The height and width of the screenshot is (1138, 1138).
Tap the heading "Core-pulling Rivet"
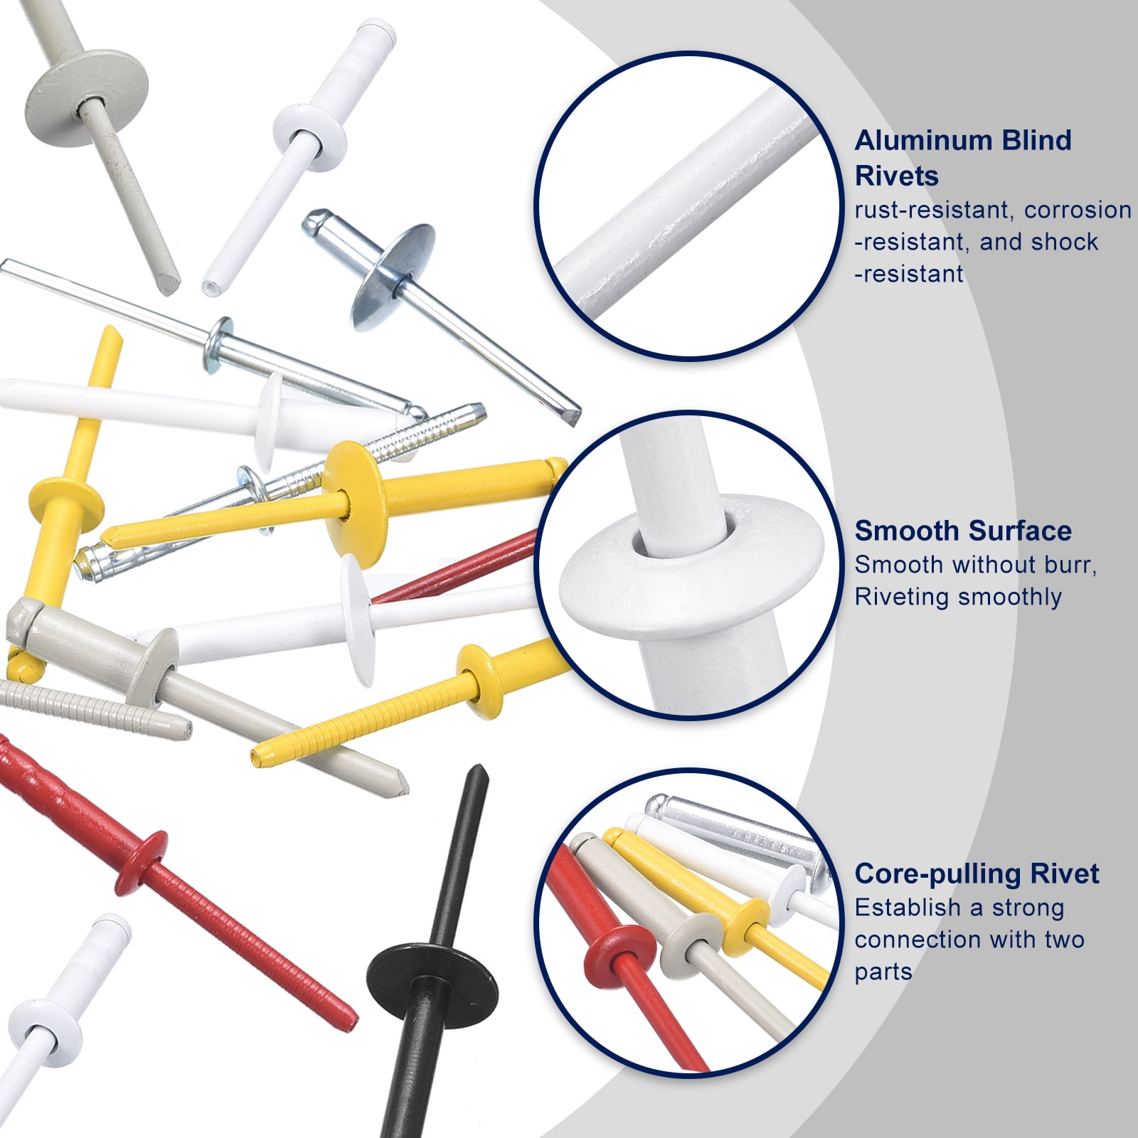977,873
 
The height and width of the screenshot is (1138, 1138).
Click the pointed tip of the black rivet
476,769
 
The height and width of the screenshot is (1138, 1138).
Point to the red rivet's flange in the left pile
142,861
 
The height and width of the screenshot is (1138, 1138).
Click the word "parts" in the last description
883,972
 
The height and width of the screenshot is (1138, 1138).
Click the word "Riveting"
903,597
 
